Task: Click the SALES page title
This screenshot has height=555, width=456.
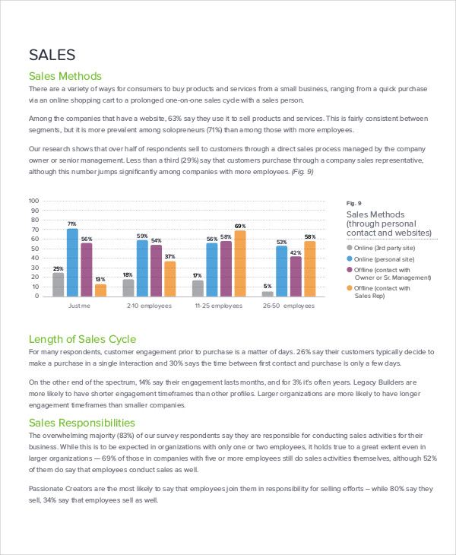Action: click(x=52, y=55)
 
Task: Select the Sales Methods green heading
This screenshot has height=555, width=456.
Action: click(x=65, y=76)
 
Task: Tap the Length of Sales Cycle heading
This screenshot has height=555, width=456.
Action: click(x=82, y=339)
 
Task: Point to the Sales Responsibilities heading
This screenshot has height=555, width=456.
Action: click(x=83, y=422)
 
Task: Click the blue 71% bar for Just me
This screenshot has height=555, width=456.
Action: click(x=72, y=262)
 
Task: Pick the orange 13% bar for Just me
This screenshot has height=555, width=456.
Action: click(x=100, y=290)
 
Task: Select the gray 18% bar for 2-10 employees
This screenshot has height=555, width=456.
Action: click(x=128, y=287)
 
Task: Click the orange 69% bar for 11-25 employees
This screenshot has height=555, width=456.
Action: click(x=240, y=263)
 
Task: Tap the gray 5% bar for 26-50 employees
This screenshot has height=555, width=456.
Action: click(x=268, y=293)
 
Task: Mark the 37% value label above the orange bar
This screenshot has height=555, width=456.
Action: click(x=169, y=256)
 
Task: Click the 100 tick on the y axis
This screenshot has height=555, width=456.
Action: click(x=33, y=201)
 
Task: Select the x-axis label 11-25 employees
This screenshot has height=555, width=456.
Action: click(x=219, y=306)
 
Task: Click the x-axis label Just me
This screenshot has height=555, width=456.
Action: click(x=79, y=306)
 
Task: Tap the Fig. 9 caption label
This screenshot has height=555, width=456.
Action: click(x=353, y=203)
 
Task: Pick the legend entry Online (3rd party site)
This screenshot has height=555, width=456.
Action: click(x=385, y=248)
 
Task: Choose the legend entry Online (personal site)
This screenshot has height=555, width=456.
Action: click(x=384, y=258)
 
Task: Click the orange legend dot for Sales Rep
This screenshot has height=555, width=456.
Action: click(x=350, y=288)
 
